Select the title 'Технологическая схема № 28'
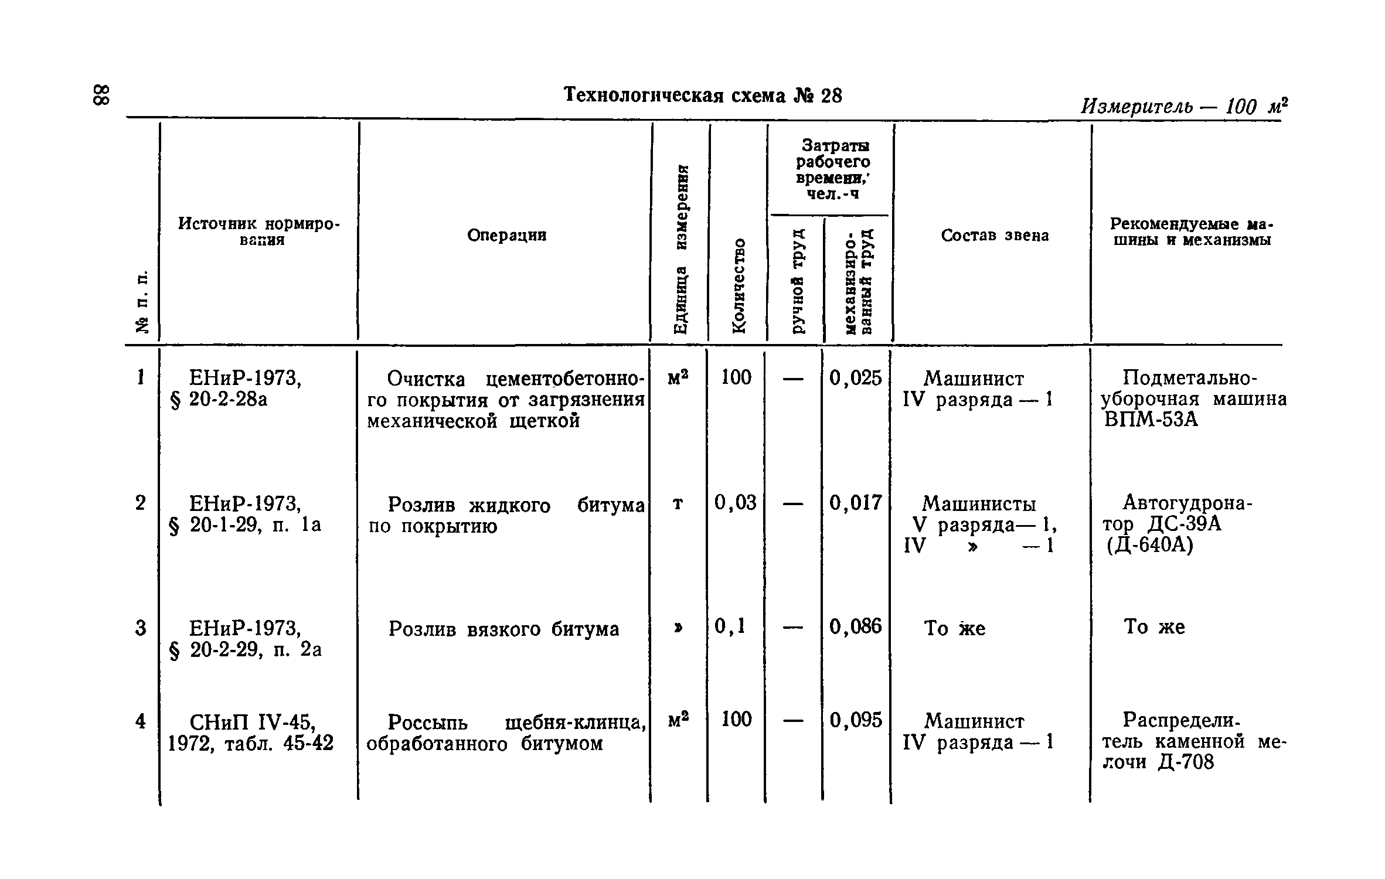click(702, 95)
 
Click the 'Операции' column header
click(506, 236)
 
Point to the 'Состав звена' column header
click(995, 236)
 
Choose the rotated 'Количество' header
click(739, 285)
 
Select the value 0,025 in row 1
click(855, 379)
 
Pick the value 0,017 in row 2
click(855, 503)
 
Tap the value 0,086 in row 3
click(855, 627)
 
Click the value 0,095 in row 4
click(855, 720)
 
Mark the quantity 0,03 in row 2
click(736, 503)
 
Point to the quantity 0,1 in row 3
click(730, 627)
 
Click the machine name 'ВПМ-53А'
click(1151, 420)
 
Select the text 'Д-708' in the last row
click(1186, 762)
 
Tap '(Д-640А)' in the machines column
click(1149, 546)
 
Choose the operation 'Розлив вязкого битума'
click(503, 629)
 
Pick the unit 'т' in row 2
click(678, 504)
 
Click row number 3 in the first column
click(141, 628)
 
